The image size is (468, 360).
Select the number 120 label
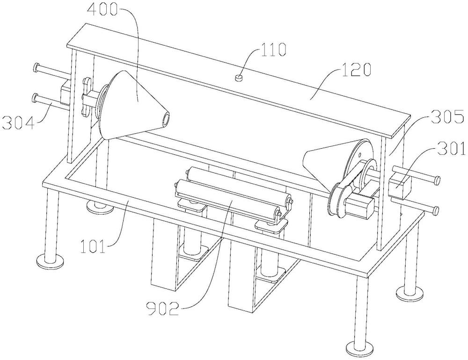pyautogui.click(x=356, y=70)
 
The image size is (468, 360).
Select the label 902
pyautogui.click(x=163, y=309)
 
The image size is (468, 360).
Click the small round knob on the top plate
pyautogui.click(x=239, y=78)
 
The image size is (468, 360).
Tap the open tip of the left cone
pyautogui.click(x=166, y=118)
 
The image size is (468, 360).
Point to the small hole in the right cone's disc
pyautogui.click(x=359, y=155)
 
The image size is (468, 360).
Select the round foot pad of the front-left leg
pyautogui.click(x=50, y=261)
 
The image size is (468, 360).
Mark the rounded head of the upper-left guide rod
pyautogui.click(x=36, y=67)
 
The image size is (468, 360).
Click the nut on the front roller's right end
pyautogui.click(x=278, y=213)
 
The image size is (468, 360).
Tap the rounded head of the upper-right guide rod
pyautogui.click(x=437, y=180)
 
